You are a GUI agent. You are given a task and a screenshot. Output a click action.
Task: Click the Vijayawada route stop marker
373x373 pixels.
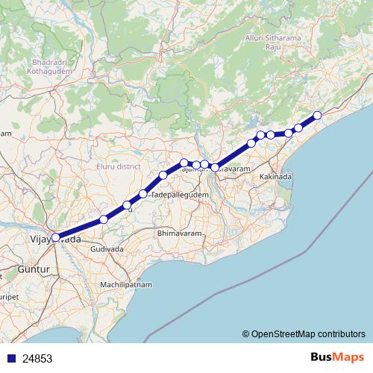(x=55, y=237)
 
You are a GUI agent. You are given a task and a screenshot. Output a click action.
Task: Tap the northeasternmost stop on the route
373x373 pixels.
(x=317, y=115)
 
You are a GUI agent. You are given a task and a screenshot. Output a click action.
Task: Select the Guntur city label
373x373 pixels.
(x=32, y=266)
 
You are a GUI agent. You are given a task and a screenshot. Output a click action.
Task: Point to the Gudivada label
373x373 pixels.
(x=112, y=248)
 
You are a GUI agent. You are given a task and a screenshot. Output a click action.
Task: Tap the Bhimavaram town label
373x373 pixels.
(x=180, y=234)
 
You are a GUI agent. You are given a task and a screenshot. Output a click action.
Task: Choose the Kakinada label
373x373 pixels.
(x=276, y=178)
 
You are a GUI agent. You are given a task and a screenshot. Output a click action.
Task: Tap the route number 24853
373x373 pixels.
(x=37, y=358)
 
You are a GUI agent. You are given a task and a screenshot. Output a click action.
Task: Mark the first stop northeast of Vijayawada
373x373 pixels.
(x=104, y=219)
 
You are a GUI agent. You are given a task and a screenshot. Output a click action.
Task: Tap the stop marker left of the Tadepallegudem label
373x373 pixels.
(x=143, y=194)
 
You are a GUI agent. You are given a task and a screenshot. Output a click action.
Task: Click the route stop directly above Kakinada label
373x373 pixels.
(x=270, y=135)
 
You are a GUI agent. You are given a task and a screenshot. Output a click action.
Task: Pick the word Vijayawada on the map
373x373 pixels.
(x=54, y=240)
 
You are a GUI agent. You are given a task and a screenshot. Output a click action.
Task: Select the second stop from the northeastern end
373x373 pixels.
(x=298, y=128)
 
